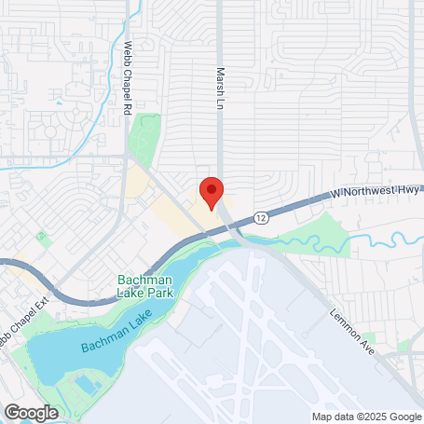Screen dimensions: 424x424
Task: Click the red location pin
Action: point(212,191)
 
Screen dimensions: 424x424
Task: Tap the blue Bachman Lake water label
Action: point(116,334)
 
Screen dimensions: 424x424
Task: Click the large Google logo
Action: point(31,411)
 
